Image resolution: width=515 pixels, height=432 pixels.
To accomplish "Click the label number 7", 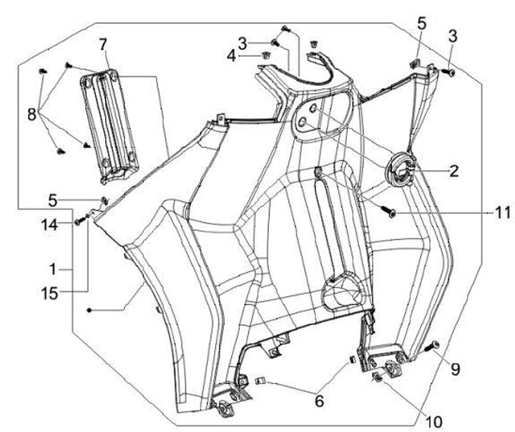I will pyautogui.click(x=105, y=44).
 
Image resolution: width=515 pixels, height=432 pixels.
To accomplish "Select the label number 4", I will pyautogui.click(x=243, y=54).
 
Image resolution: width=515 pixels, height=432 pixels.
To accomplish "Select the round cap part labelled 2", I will pyautogui.click(x=401, y=171).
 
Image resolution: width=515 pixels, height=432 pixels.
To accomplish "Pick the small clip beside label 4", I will pyautogui.click(x=266, y=54).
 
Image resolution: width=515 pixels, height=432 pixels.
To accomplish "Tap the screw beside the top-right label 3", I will pyautogui.click(x=451, y=71).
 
